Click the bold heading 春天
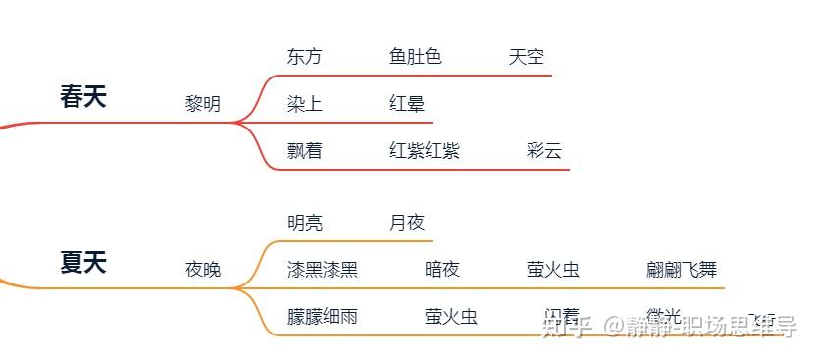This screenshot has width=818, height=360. point(83,97)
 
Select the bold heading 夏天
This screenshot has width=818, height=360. point(83,263)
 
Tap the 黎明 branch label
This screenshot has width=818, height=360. point(203,104)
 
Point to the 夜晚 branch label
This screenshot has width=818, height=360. point(203,270)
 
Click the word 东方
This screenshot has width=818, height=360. point(304,57)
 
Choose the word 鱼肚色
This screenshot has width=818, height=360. point(416,57)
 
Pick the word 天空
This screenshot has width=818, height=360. point(527,57)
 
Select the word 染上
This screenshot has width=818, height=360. point(304,104)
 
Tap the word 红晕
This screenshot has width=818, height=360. point(407,104)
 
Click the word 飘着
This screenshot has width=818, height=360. point(304,151)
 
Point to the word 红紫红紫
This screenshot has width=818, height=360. point(425,151)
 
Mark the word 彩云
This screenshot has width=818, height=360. point(544,151)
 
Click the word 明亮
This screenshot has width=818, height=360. point(305,223)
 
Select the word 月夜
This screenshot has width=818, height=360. point(407,223)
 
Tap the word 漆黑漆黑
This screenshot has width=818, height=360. point(323,270)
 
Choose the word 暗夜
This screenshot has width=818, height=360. point(442,270)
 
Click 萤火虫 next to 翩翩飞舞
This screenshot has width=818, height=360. point(553,270)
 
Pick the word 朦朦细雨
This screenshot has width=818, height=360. point(323,317)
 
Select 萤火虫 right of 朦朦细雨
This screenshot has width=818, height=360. point(451,317)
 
